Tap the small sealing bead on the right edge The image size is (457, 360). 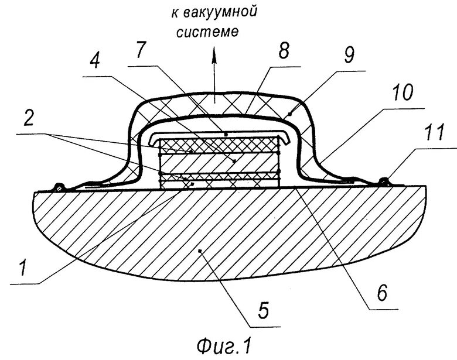(x=384, y=180)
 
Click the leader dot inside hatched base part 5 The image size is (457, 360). (x=201, y=251)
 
